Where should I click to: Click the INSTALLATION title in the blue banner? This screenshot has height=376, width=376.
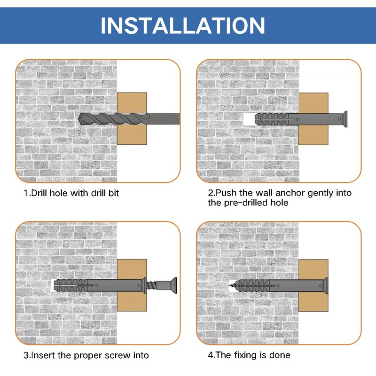click(x=183, y=25)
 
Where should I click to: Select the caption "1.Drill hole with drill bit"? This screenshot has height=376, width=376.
click(x=71, y=193)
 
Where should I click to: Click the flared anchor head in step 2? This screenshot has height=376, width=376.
click(x=345, y=119)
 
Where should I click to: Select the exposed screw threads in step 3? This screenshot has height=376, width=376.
click(x=151, y=285)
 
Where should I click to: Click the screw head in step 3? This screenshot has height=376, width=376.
click(x=174, y=285)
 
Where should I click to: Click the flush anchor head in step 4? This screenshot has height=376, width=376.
click(x=326, y=285)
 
